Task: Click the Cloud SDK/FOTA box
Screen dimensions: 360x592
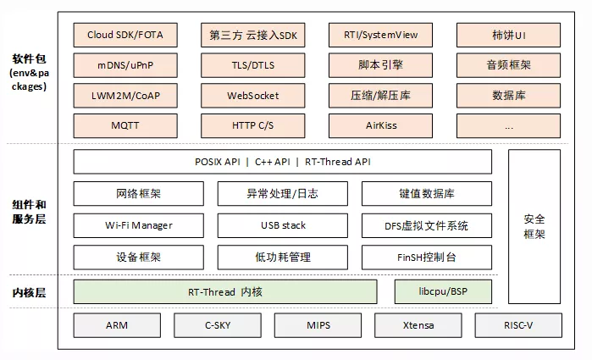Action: (124, 36)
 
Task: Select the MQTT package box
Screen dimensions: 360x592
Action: (124, 125)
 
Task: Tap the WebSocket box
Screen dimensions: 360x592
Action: (253, 96)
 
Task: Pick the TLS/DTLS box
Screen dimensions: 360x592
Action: (253, 65)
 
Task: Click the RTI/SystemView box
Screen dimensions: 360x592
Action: (380, 36)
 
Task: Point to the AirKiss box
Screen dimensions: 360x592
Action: (380, 125)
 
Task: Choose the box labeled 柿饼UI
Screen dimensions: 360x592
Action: (508, 36)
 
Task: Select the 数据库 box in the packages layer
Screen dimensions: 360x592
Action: (508, 96)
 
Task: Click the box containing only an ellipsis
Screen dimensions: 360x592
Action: (508, 125)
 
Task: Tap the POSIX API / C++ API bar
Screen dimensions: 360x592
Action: (282, 162)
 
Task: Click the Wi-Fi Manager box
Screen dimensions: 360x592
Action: (138, 225)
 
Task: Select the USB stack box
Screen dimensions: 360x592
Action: (282, 225)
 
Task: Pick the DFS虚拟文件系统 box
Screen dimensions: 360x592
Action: (426, 225)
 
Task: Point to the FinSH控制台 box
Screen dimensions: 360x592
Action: (426, 257)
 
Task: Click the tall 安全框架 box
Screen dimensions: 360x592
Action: (534, 225)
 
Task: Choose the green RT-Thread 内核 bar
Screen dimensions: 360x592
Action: (224, 291)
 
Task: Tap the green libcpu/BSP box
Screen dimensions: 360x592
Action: (442, 291)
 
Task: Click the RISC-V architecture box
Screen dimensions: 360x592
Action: (517, 325)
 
